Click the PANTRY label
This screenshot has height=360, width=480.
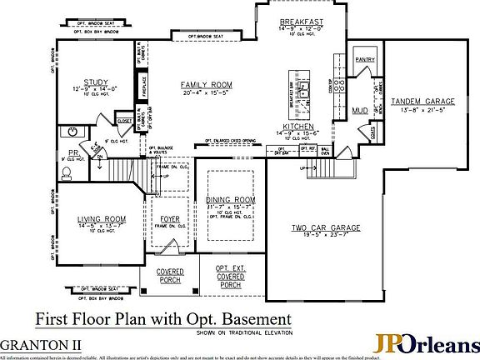click(x=364, y=60)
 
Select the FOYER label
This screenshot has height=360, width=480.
click(x=170, y=218)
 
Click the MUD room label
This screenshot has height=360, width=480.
click(x=359, y=110)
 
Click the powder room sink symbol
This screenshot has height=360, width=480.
click(x=73, y=132)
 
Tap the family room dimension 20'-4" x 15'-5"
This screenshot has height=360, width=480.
click(x=205, y=93)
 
